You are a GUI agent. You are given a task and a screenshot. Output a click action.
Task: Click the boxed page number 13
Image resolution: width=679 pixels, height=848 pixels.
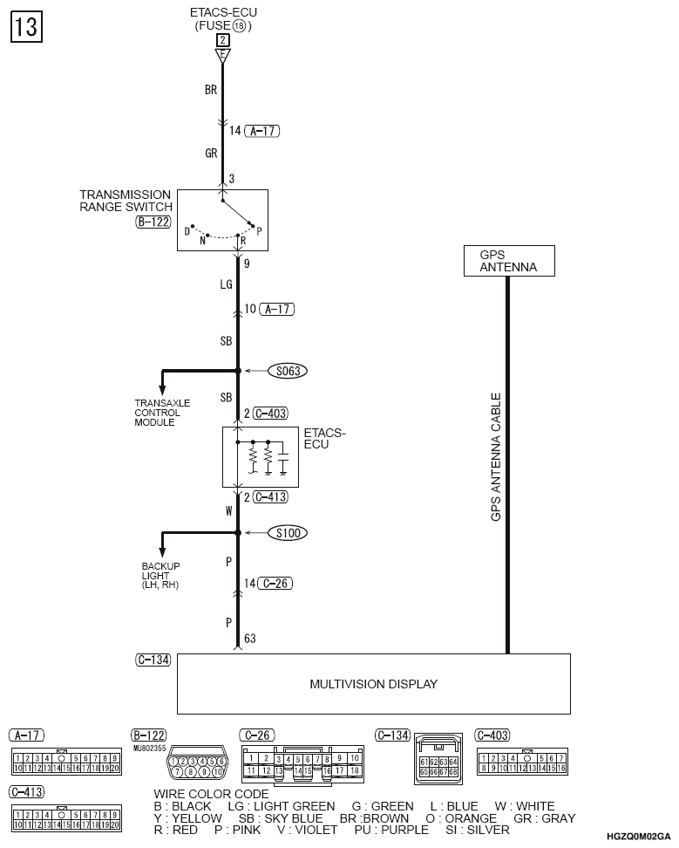pos(25,27)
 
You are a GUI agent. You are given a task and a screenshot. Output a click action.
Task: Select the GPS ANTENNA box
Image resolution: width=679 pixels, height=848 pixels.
pos(508,261)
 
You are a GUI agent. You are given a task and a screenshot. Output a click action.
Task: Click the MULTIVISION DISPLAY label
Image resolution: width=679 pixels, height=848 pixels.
pos(374,684)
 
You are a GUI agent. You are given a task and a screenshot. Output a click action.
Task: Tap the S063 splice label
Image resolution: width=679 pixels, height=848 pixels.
pos(287,371)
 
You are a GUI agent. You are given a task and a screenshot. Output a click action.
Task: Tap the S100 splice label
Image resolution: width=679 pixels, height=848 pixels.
pos(286,532)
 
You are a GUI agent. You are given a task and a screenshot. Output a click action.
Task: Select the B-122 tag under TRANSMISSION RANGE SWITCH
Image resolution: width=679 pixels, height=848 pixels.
pos(153,222)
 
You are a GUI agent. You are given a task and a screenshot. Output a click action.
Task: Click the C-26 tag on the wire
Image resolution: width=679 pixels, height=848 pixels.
pos(274,583)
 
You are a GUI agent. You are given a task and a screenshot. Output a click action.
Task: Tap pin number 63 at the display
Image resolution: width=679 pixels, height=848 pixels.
pos(249,639)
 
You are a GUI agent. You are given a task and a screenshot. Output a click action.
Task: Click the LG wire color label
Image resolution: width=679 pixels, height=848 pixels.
pos(225,285)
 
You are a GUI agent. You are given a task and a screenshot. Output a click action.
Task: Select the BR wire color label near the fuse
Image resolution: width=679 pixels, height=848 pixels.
pos(210,90)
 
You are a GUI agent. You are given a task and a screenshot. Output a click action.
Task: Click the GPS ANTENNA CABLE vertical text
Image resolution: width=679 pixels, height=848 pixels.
pos(496,457)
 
